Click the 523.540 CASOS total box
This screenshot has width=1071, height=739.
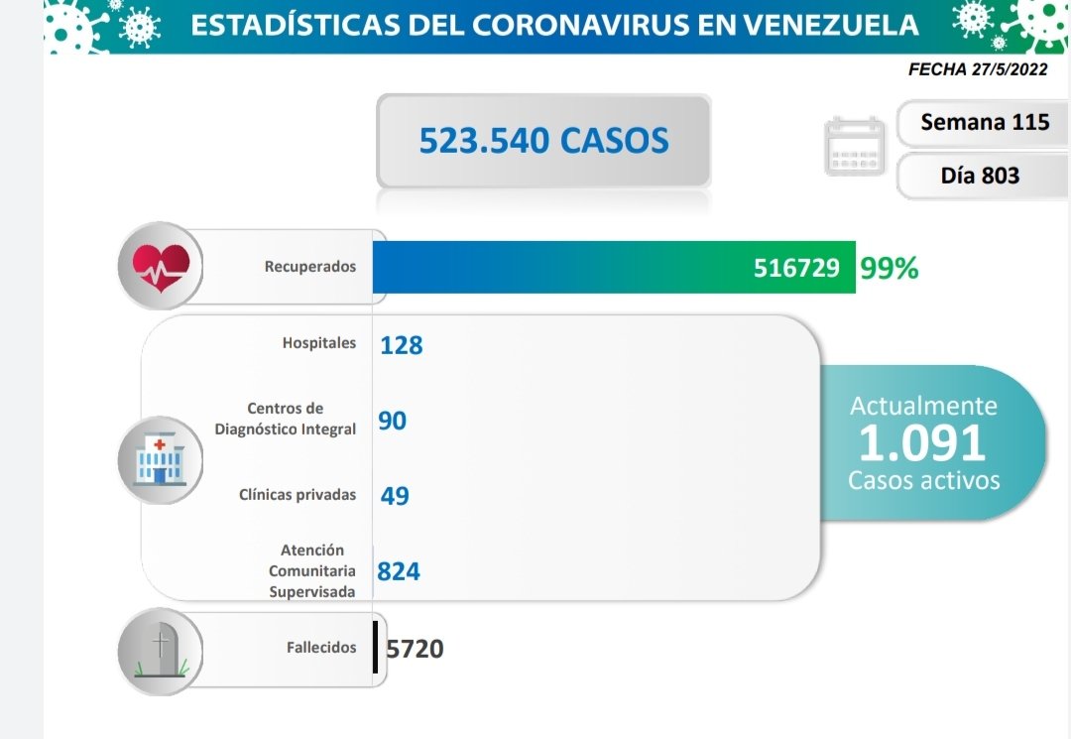(543, 140)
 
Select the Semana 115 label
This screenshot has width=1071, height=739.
(984, 122)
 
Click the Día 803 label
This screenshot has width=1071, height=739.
(980, 177)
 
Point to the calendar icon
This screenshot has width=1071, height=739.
(855, 147)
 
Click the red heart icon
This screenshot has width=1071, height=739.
(161, 267)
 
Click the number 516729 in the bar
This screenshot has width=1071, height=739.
(796, 268)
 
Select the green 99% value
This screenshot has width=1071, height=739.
(890, 268)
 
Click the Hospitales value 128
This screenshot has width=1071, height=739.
(401, 345)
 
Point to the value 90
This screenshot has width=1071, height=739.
(393, 421)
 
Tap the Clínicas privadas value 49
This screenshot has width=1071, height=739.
(395, 495)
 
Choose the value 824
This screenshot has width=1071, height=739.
(399, 571)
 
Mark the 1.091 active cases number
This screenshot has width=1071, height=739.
(922, 443)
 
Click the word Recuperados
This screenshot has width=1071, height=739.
(310, 267)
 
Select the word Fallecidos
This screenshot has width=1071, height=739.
(321, 648)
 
